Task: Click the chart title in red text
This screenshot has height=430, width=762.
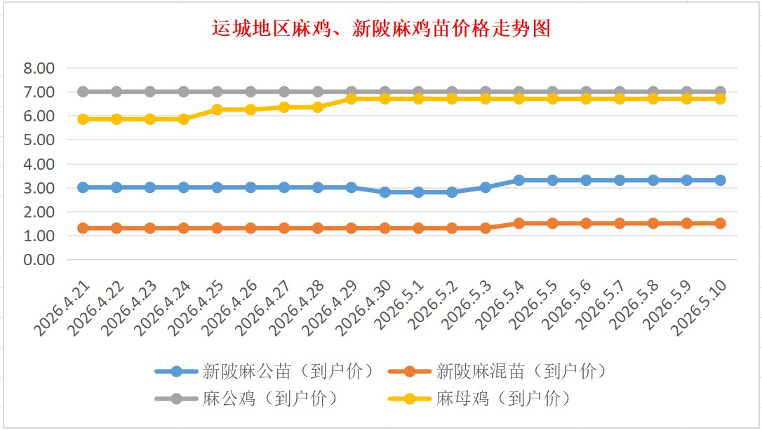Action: coord(382,29)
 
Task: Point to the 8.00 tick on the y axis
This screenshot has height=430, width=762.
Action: coord(39,68)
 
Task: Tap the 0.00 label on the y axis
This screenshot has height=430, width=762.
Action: coord(39,260)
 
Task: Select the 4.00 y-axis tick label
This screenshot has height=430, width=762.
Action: coord(39,163)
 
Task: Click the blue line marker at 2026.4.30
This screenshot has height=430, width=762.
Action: coord(385,192)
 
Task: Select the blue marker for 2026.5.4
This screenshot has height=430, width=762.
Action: coord(519,180)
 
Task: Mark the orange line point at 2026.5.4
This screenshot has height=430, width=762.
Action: coord(519,224)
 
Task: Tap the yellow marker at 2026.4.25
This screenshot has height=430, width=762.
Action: coord(218,110)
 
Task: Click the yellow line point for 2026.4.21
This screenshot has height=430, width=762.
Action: coord(83,119)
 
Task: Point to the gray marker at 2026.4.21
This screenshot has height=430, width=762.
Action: coord(83,91)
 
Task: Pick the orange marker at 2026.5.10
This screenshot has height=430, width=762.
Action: coord(720,224)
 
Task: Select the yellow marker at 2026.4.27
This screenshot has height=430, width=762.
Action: coord(284,107)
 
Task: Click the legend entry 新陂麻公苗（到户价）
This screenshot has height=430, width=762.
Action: coord(265,372)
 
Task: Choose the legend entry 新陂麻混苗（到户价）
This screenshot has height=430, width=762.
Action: coord(499,372)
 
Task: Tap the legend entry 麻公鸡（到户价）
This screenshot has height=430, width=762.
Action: coord(248,399)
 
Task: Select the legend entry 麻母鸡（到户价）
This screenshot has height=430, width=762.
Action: coord(481,399)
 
